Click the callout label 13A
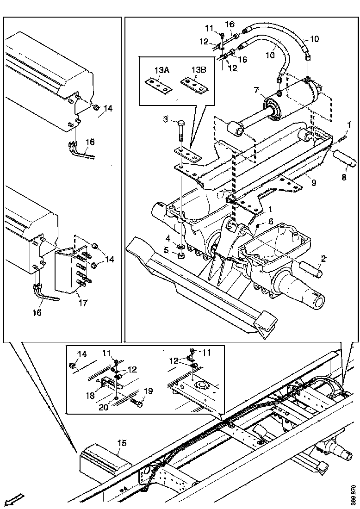coord(161,70)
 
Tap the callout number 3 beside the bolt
coord(166,120)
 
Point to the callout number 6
coord(271,221)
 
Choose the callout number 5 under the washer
coord(166,250)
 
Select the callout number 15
coord(121,442)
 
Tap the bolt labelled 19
coord(137,403)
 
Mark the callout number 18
coord(91,396)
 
